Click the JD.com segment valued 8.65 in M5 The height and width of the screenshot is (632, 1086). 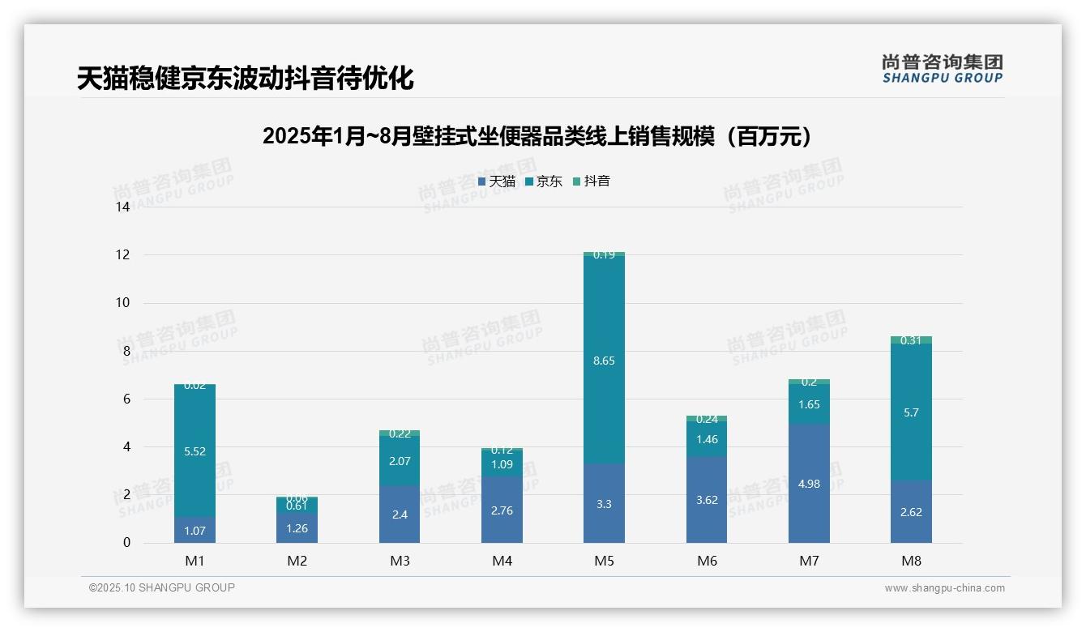(604, 360)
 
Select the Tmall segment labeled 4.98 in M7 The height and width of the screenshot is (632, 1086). (809, 483)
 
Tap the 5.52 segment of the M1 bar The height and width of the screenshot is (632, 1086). (195, 451)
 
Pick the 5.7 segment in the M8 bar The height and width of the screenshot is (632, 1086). (911, 412)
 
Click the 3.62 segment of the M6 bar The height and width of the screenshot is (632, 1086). (706, 499)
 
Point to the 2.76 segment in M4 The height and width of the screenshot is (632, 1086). (502, 510)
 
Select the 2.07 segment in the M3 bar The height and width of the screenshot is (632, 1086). (400, 460)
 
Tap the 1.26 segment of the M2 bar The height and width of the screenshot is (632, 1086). (297, 527)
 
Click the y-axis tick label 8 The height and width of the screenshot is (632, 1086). (126, 352)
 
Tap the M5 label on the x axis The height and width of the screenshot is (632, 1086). (604, 561)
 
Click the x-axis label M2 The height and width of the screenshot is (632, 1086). (297, 561)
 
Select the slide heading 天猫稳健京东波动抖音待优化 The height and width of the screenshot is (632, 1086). (245, 79)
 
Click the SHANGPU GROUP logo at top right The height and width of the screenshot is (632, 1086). (942, 69)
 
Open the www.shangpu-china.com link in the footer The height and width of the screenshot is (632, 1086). (944, 588)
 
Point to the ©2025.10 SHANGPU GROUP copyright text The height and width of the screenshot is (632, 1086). (162, 588)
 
